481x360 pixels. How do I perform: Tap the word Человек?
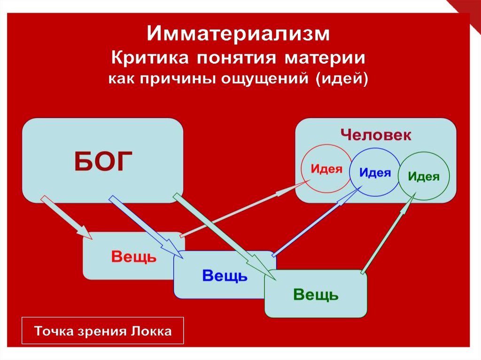376,136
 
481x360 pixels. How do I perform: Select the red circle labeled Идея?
326,169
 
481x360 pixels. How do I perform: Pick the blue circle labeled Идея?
375,172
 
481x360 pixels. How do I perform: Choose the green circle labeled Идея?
424,176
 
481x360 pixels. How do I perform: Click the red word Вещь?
133,257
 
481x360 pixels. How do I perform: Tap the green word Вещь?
316,295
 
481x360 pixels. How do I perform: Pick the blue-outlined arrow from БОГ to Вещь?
146,226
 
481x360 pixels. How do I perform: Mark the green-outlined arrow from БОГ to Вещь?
221,235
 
